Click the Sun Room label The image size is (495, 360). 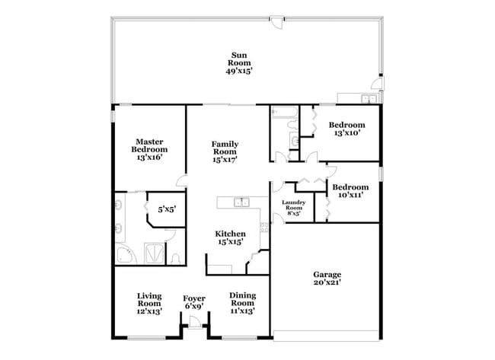click(x=239, y=59)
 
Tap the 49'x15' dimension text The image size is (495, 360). click(x=239, y=71)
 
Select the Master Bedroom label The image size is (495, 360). click(x=149, y=145)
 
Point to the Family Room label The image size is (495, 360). click(x=225, y=148)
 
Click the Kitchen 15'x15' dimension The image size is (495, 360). click(x=231, y=242)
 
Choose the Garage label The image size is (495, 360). click(x=327, y=275)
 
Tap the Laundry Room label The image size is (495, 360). click(x=294, y=205)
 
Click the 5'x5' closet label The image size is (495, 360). click(x=167, y=209)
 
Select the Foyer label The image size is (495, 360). click(x=194, y=298)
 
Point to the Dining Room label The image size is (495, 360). click(x=242, y=299)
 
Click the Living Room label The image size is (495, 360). click(x=149, y=300)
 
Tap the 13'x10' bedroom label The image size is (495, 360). click(x=347, y=133)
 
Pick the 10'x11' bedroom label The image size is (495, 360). click(x=350, y=195)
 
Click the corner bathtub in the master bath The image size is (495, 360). click(x=126, y=254)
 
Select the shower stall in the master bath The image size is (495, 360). click(x=155, y=253)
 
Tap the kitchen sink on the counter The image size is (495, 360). click(x=241, y=202)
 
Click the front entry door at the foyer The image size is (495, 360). click(x=195, y=323)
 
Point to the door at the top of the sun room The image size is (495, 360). click(x=277, y=22)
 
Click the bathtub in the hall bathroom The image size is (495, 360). click(x=285, y=113)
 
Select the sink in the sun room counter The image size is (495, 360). click(x=369, y=98)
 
